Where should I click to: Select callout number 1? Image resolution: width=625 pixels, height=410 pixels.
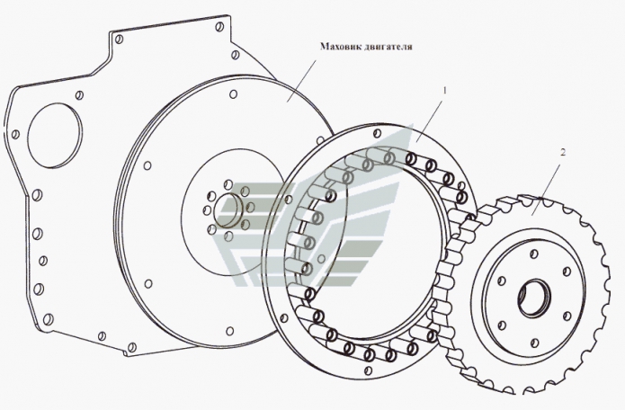445,91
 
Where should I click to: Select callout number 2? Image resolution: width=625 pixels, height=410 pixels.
563,152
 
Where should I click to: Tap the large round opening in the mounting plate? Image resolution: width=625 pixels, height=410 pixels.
55,136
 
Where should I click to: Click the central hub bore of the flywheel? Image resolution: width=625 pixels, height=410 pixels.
228,210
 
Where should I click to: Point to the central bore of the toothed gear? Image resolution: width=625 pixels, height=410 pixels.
534,299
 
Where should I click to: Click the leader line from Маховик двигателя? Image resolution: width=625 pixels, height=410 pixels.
302,81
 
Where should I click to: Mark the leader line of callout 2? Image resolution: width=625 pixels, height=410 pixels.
547,188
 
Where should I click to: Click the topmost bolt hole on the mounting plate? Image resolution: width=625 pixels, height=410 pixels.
219,27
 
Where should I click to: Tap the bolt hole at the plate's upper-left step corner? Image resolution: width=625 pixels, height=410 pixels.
119,39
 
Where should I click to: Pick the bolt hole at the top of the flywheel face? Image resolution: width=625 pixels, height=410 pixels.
234,94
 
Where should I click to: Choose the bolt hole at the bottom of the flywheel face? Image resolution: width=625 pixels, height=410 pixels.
229,331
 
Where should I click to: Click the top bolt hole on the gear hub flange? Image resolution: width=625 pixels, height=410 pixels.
535,254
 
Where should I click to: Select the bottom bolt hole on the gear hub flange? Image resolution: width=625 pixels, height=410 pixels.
535,343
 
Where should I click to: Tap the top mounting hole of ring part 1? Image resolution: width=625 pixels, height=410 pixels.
376,133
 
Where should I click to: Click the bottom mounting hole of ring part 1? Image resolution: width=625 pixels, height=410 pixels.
369,370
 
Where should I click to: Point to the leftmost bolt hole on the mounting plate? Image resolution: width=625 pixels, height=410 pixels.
15,134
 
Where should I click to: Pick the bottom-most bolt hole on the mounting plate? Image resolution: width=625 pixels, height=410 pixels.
132,347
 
